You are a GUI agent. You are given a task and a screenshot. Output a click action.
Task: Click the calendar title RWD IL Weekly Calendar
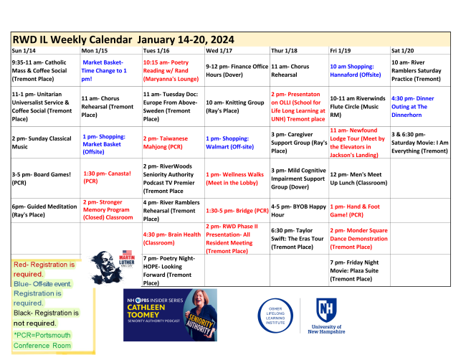[72, 39]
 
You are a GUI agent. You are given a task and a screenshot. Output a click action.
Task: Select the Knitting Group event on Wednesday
[234, 106]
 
